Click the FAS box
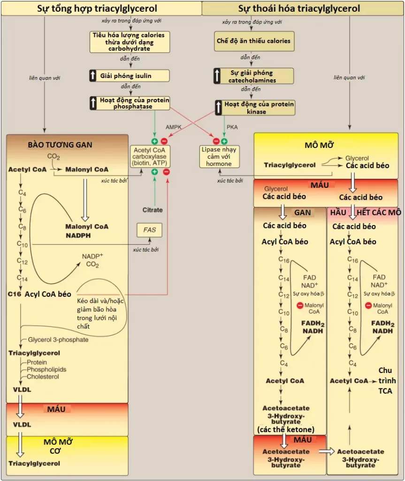point(149,230)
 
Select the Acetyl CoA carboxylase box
point(150,156)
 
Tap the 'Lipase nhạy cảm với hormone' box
point(219,156)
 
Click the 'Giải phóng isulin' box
point(129,76)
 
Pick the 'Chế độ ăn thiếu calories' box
point(254,41)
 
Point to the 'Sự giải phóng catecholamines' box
point(253,76)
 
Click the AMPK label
point(174,127)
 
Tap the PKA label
point(232,127)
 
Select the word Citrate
point(153,210)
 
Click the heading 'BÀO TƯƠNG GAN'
point(60,145)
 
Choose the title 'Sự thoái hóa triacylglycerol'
point(299,8)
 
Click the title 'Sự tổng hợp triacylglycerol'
point(97,8)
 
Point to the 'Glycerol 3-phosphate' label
point(58,340)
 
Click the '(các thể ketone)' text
point(286,429)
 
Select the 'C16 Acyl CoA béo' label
point(39,294)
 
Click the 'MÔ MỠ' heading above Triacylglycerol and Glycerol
point(319,145)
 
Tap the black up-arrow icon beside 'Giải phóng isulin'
point(93,76)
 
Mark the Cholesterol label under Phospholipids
point(43,377)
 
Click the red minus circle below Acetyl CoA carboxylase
point(166,172)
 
